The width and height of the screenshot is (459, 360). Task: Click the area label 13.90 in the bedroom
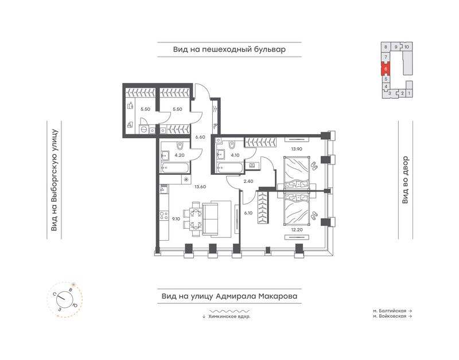click(297, 149)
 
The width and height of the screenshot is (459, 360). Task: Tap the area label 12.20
click(297, 230)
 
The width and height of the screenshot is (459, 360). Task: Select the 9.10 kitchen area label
click(176, 219)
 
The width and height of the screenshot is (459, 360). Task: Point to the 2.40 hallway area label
click(248, 181)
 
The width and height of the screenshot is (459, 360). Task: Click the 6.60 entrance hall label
click(200, 137)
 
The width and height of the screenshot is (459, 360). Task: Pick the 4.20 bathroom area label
click(180, 155)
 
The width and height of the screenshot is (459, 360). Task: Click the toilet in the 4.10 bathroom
click(233, 144)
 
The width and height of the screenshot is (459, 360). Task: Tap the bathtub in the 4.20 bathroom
click(176, 168)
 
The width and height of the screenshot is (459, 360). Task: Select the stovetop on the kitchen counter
click(164, 216)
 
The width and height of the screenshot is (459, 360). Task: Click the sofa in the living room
click(217, 219)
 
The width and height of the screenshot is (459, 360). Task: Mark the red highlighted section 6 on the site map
click(386, 69)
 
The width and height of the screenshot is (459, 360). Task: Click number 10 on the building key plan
click(407, 47)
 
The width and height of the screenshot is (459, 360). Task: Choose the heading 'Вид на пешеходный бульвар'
click(229, 49)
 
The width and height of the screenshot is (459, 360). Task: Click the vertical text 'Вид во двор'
click(405, 180)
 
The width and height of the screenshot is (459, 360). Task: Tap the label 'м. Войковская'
click(390, 316)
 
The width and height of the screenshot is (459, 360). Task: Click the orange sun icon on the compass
click(73, 284)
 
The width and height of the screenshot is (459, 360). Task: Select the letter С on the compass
click(55, 294)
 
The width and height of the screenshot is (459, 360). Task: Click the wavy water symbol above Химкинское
click(229, 311)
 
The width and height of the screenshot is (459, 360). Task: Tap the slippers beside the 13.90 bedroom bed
click(313, 166)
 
